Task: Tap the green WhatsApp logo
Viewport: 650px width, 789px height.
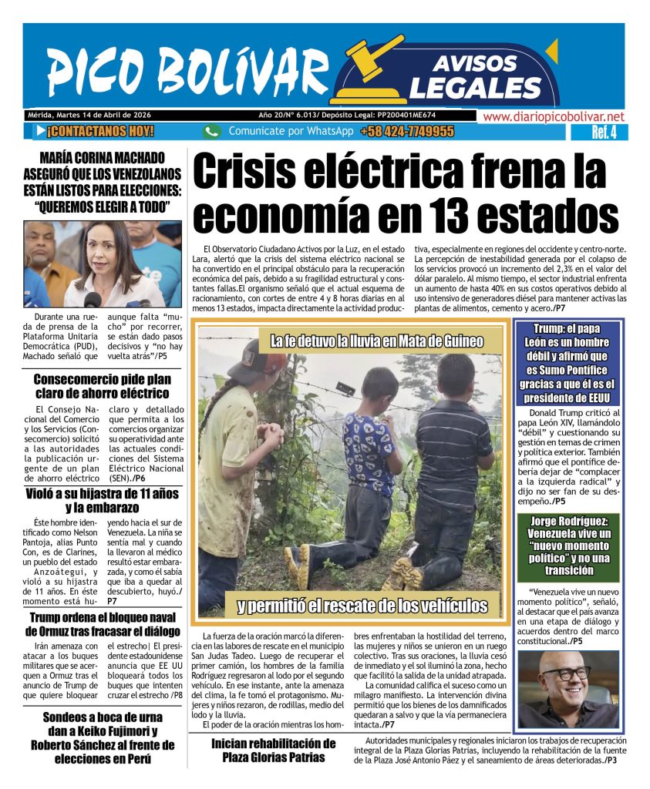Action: point(212,132)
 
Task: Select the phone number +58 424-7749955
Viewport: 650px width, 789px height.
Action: point(406,132)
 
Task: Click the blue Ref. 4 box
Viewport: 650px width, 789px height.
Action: point(598,133)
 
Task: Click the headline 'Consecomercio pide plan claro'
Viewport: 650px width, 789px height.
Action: point(102,385)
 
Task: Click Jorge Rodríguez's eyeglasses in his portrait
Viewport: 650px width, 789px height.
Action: point(567,673)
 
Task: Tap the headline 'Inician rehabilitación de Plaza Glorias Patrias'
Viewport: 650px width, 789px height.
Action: point(274,750)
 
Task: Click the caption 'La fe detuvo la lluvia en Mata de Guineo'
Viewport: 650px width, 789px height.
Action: point(376,341)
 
